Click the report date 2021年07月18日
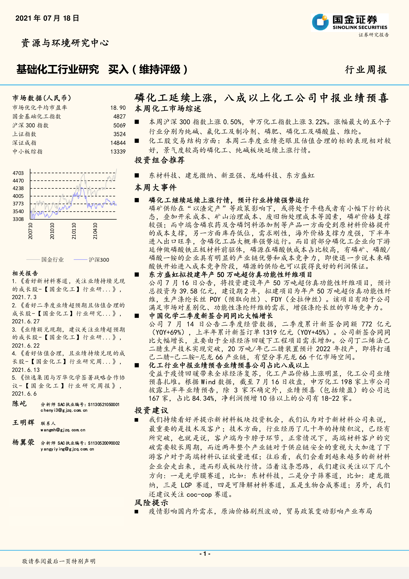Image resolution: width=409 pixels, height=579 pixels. click(47, 18)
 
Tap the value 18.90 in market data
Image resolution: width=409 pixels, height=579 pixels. click(118, 108)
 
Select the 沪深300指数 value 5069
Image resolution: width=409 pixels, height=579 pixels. click(119, 125)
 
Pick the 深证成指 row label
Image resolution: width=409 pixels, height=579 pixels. click(24, 143)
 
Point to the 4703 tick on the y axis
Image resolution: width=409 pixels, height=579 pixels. click(18, 173)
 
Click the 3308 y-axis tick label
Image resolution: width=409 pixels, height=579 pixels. click(18, 219)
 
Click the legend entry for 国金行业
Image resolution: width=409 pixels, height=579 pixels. click(52, 259)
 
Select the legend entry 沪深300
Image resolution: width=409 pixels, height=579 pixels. click(99, 259)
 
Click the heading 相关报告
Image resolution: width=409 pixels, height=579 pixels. click(25, 273)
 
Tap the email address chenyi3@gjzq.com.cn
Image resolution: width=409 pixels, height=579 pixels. click(64, 410)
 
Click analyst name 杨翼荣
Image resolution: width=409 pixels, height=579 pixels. click(23, 442)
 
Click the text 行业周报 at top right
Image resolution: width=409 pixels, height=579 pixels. click(366, 70)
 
